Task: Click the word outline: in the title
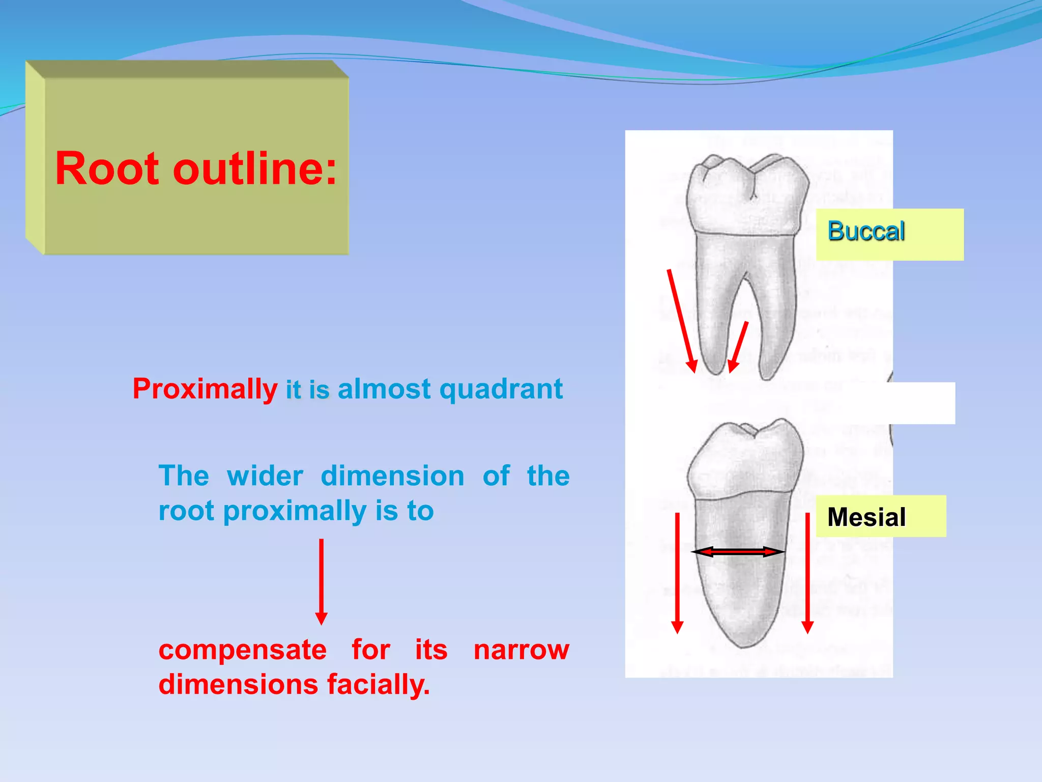pos(255,169)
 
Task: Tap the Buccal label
pos(866,232)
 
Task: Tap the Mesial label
pos(866,517)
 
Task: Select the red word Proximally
pos(205,389)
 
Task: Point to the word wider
pos(265,477)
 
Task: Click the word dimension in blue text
pos(392,477)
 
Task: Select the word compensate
pos(243,650)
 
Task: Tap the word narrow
pos(521,650)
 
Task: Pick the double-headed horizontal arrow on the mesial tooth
pos(738,551)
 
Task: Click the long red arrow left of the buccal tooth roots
pos(682,321)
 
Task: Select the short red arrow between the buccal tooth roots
pos(738,347)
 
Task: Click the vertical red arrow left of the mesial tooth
pos(677,573)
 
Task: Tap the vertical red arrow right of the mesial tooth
pos(807,573)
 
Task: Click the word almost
pos(384,389)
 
